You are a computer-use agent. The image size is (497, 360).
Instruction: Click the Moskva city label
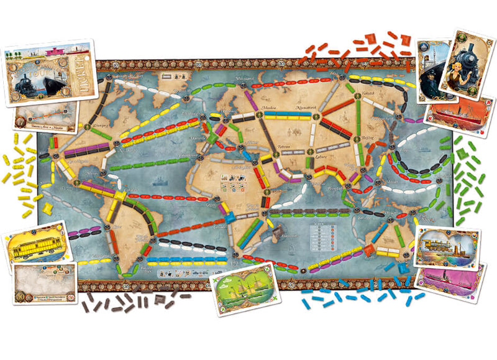click(x=269, y=107)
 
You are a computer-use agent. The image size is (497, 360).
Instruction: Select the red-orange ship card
click(x=460, y=118)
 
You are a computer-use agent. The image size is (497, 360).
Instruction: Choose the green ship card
click(x=244, y=288)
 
